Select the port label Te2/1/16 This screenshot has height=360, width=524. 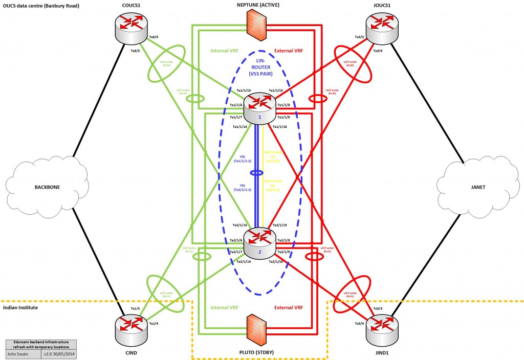[278, 262]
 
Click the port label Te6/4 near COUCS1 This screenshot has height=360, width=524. [153, 37]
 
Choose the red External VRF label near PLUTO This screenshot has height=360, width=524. [288, 308]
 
